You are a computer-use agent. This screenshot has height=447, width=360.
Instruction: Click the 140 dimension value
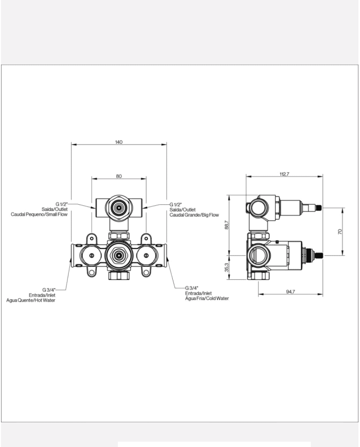coord(119,142)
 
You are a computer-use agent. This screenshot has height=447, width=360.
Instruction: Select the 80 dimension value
coord(119,176)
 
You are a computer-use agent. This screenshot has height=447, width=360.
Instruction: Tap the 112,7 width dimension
coord(284,174)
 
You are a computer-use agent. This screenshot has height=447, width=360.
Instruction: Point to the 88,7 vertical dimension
coord(227,225)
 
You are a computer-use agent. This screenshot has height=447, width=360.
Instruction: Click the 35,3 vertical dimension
coord(227,268)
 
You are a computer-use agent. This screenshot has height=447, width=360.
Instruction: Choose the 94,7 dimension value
coord(290,292)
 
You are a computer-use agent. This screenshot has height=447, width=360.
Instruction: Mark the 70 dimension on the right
coord(340,231)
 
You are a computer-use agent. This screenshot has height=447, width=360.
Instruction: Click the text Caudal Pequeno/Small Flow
coord(40,214)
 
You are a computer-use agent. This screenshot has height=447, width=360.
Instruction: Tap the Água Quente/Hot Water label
coord(31,300)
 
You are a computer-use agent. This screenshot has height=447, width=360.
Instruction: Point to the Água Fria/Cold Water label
coord(207,298)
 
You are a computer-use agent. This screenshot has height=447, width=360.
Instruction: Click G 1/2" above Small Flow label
coord(62,204)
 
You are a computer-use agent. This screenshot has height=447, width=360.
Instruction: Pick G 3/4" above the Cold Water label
coord(192,288)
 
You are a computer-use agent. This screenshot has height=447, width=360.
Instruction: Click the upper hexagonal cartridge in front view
coord(119,208)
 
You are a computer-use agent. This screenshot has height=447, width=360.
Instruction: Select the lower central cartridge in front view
coord(119,255)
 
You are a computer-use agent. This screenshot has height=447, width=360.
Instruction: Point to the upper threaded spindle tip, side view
coord(320,208)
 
